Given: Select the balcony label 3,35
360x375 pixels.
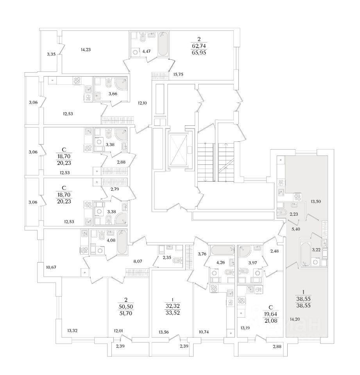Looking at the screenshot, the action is tap(51, 54).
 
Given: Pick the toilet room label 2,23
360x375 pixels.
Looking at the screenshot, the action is tap(294, 213).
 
